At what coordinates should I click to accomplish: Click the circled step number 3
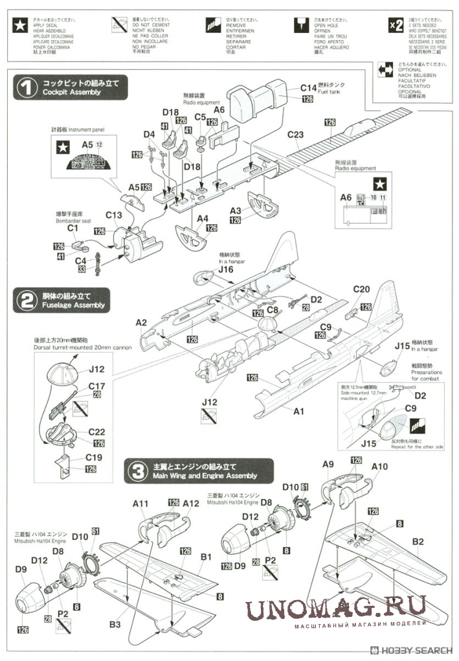[x=138, y=470]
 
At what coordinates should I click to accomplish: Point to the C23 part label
[x=295, y=135]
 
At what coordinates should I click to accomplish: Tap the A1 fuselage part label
[x=299, y=411]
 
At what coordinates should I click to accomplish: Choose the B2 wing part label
[x=418, y=541]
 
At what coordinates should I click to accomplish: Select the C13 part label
[x=113, y=215]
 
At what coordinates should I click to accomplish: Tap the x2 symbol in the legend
[x=394, y=25]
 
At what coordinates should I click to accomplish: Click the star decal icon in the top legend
[x=21, y=25]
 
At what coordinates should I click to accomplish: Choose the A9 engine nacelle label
[x=328, y=464]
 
